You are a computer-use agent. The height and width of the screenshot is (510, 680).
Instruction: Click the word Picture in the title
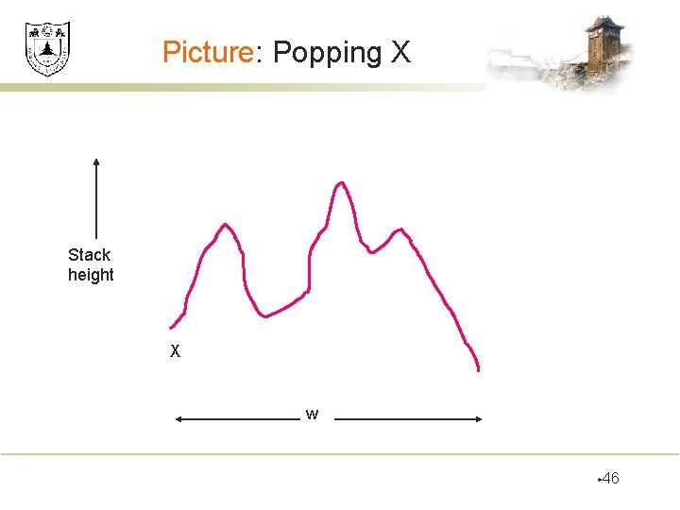point(206,52)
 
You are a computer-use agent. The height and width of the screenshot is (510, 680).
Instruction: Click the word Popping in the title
point(327,53)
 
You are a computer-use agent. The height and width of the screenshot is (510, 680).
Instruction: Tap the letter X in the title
point(400,52)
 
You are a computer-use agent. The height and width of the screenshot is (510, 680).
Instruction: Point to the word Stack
point(89,255)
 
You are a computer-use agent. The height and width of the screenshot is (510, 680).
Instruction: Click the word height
point(91,276)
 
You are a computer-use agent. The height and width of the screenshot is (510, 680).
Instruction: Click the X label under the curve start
point(175,352)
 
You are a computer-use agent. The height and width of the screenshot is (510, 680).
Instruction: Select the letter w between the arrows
point(312,414)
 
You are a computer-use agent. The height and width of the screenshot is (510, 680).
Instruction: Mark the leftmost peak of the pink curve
point(225,225)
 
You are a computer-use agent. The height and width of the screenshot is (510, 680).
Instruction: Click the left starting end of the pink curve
point(171,327)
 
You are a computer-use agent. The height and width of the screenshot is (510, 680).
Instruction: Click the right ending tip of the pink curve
point(479,370)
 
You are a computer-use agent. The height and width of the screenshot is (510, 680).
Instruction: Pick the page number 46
point(610,479)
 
